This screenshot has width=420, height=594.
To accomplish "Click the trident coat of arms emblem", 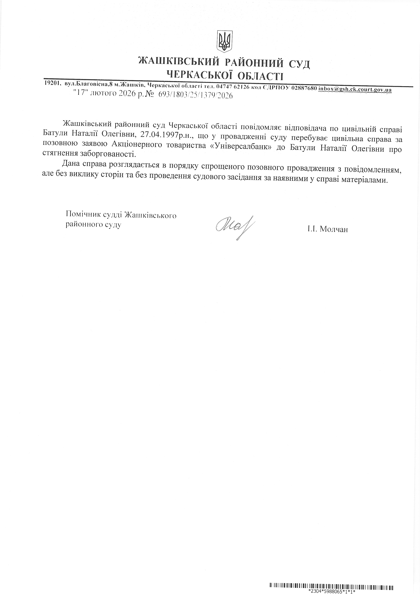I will (x=224, y=41).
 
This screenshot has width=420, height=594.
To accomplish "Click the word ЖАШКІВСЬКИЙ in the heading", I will (x=179, y=62).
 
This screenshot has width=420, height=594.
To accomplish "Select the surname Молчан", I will (x=334, y=229).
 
